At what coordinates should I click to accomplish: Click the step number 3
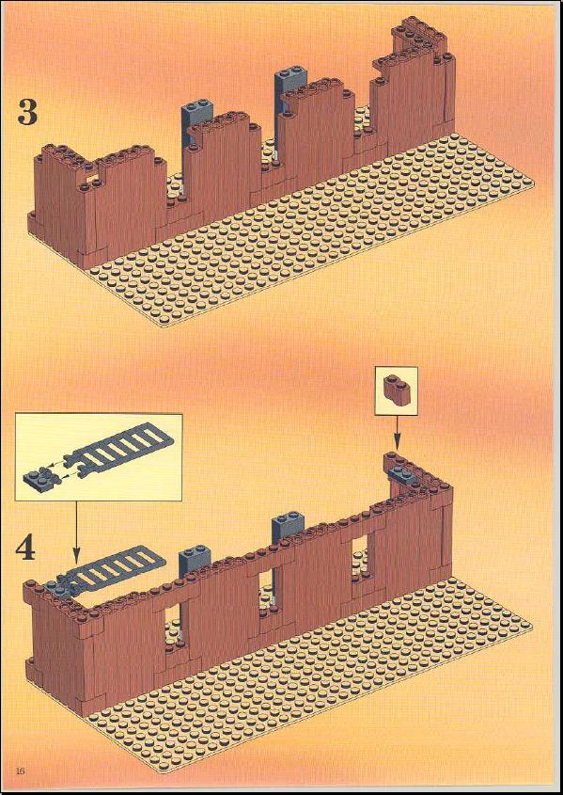coord(27,112)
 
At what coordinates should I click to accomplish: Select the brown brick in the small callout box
coord(396,390)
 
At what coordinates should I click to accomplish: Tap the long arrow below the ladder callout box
coord(76,533)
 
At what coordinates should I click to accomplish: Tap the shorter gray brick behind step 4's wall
coord(195,559)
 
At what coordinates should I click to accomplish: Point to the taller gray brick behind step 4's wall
coord(288,531)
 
